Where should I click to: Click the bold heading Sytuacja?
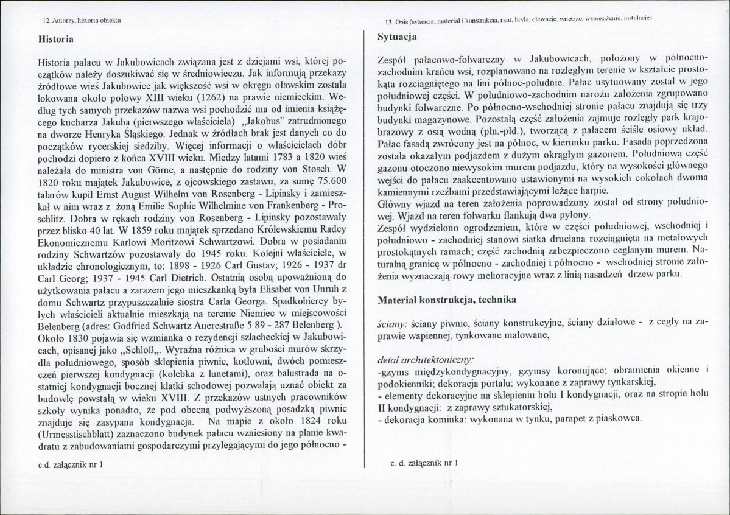397,37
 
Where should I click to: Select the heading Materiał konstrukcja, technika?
447,300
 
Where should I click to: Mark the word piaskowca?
617,419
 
